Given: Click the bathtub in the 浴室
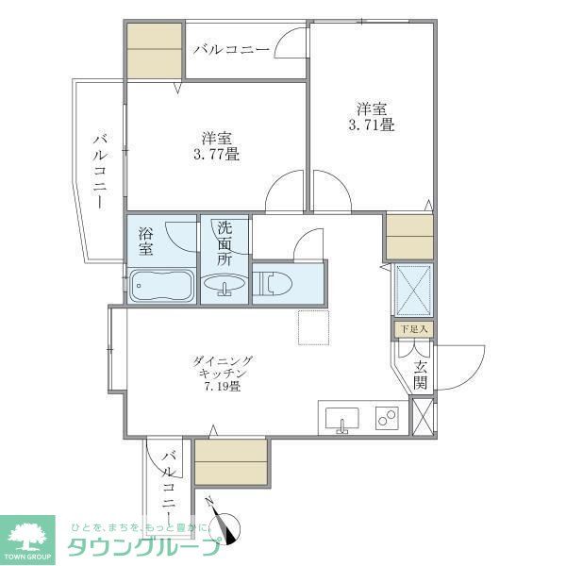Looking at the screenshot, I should click(x=160, y=285).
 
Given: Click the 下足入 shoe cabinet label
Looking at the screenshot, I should click(x=413, y=329).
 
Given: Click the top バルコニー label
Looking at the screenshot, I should click(x=232, y=49).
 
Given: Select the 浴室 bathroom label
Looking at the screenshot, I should click(x=146, y=241).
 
